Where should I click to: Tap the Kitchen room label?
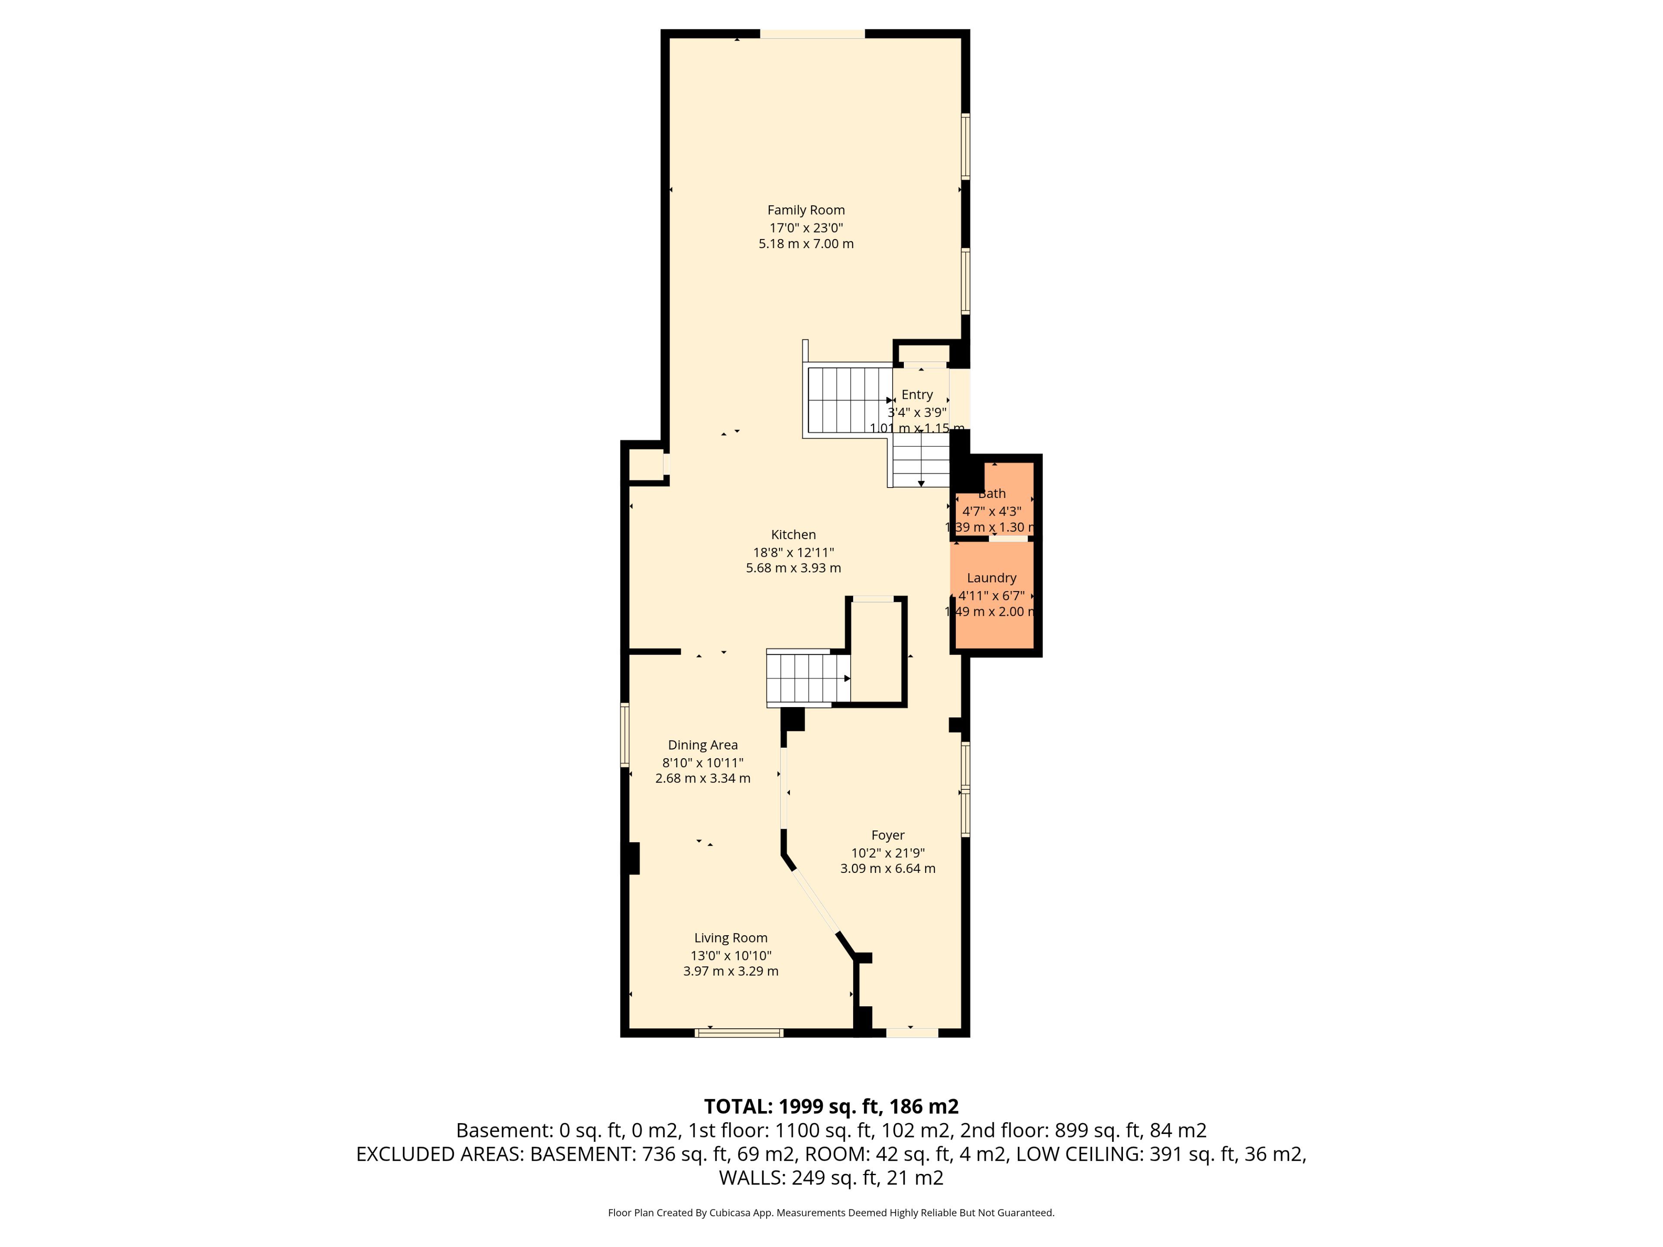(793, 534)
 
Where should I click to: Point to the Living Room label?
(731, 938)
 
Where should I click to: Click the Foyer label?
(888, 835)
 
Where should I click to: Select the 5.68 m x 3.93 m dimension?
(793, 568)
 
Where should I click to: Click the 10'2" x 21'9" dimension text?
(888, 853)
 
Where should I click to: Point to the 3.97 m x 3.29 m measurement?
(731, 971)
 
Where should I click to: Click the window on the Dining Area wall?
(625, 734)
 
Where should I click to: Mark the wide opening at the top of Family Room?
(813, 34)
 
